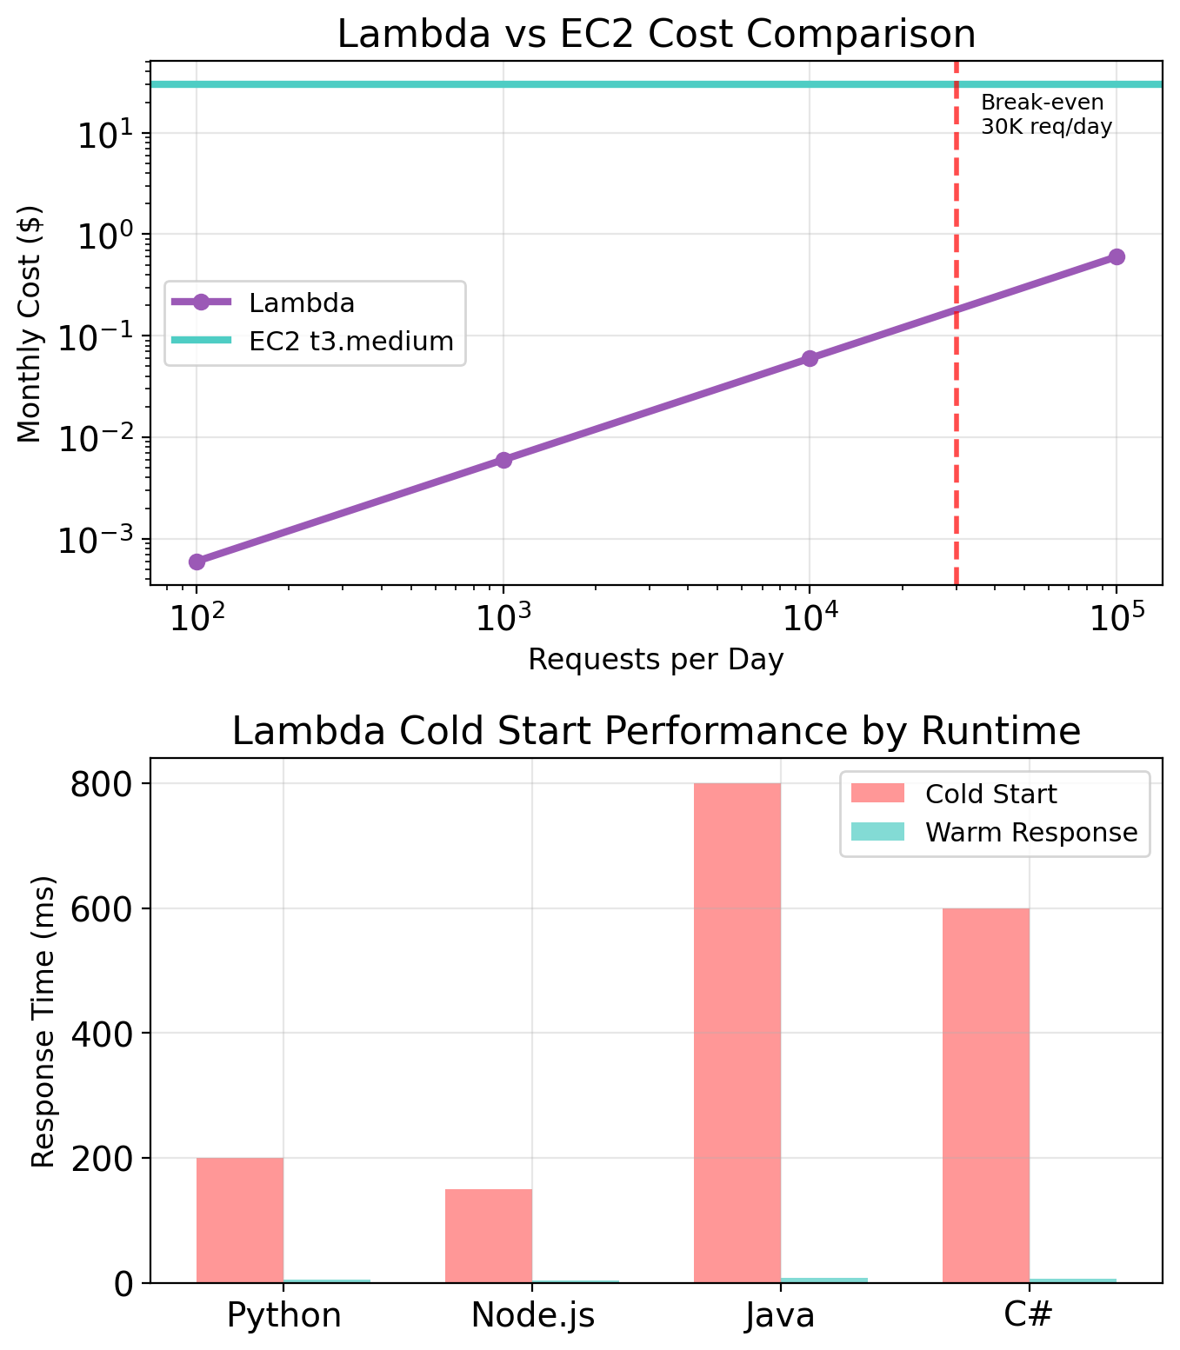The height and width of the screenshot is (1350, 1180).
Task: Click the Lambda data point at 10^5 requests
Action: tap(1117, 256)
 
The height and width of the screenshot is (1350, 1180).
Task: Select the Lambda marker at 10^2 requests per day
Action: tap(197, 562)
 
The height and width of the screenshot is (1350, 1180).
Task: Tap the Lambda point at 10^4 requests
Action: tap(810, 358)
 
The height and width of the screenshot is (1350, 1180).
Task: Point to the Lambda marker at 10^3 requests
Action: tap(503, 460)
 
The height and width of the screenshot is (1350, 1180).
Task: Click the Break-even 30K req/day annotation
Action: tap(1046, 115)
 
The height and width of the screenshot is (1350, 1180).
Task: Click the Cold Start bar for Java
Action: tap(737, 1033)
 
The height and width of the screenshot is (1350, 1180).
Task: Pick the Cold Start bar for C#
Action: tap(986, 1095)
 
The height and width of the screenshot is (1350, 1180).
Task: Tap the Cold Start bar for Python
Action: tap(240, 1220)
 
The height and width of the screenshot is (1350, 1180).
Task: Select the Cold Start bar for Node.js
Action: tap(489, 1235)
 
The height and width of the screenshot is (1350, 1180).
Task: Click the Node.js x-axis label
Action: tap(533, 1315)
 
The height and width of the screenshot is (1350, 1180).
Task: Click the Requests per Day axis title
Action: tap(656, 660)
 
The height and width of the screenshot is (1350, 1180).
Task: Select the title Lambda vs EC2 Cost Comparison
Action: tap(656, 35)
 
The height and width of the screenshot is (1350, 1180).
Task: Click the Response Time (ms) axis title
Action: tap(43, 1021)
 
